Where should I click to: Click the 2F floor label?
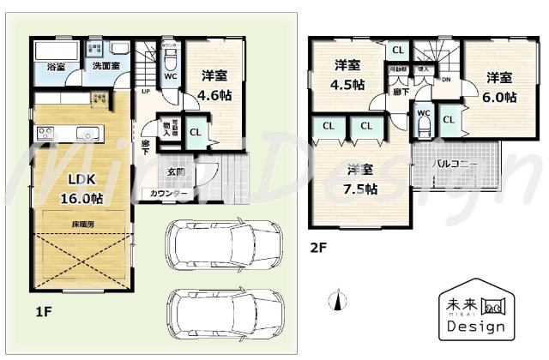pyautogui.click(x=320, y=249)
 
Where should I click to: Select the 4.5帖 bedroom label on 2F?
pyautogui.click(x=347, y=75)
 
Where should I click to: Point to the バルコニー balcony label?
pyautogui.click(x=455, y=162)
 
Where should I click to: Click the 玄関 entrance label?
pyautogui.click(x=175, y=172)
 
